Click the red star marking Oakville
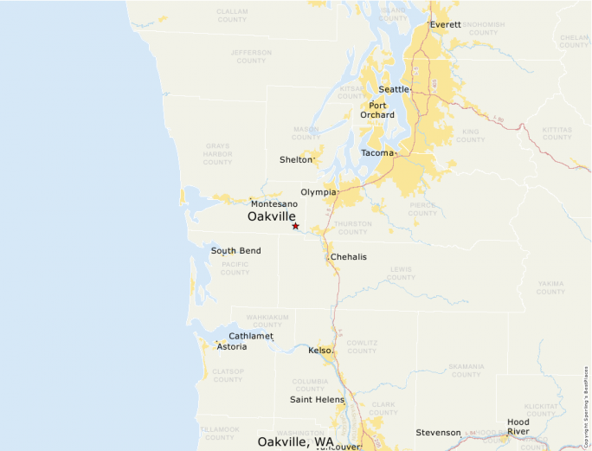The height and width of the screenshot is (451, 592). click(295, 226)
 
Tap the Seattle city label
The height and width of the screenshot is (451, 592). click(394, 89)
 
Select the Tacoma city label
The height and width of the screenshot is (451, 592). click(376, 153)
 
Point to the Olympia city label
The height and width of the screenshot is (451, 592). click(319, 192)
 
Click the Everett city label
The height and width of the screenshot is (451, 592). click(445, 24)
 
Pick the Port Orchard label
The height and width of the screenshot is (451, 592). click(377, 110)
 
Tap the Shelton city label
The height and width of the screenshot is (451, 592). click(295, 160)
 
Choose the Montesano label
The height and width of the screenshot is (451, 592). click(274, 204)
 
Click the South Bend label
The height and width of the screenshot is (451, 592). click(235, 251)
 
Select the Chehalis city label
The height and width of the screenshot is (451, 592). click(349, 257)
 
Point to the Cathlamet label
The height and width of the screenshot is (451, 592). click(251, 336)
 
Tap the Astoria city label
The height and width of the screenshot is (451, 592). click(231, 346)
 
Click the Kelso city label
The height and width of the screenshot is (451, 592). click(320, 351)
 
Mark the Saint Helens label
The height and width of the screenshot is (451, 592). click(317, 400)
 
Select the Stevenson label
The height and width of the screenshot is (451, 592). click(439, 432)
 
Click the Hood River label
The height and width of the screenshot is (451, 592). click(518, 427)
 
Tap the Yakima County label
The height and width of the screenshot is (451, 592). click(550, 287)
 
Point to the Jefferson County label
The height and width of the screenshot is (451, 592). click(251, 56)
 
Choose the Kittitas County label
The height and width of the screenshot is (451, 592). click(557, 132)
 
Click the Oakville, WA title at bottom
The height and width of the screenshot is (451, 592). click(295, 441)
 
